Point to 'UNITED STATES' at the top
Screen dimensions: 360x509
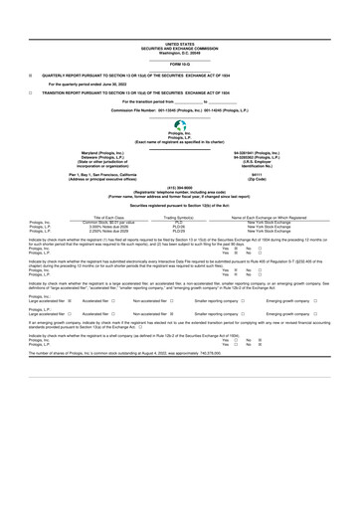click(180, 45)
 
